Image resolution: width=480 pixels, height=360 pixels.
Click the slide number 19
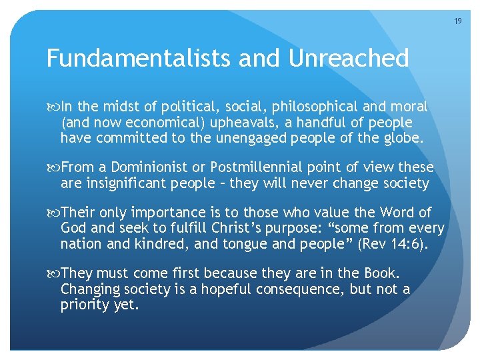[457, 21]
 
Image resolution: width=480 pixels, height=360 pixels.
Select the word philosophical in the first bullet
[301, 107]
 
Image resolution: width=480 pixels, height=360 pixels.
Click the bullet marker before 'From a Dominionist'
[53, 167]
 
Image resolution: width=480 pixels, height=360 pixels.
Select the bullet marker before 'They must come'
[53, 273]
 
